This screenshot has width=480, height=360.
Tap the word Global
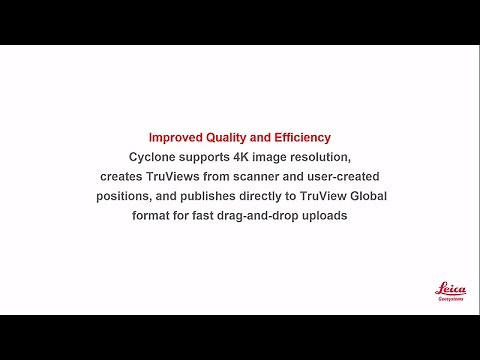365,196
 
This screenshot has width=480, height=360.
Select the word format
154,215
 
